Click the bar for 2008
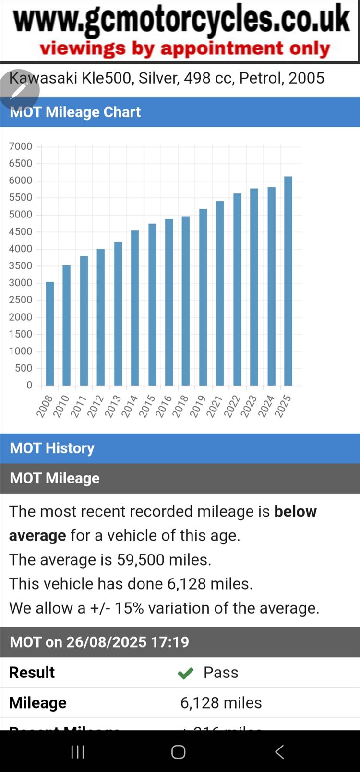point(50,334)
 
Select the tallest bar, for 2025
point(288,281)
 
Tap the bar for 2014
point(135,308)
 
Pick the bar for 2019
point(203,297)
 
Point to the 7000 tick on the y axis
point(21,146)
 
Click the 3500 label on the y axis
point(21,265)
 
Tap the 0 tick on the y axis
point(29,385)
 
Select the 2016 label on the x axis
point(164,406)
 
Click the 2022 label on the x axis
point(232,406)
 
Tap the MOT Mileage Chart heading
point(75,112)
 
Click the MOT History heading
point(52,448)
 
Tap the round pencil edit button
point(19,90)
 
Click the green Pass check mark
point(185,673)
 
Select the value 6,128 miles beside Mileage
point(221,703)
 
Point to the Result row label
point(32,673)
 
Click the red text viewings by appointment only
point(185,48)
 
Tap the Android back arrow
point(279,752)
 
